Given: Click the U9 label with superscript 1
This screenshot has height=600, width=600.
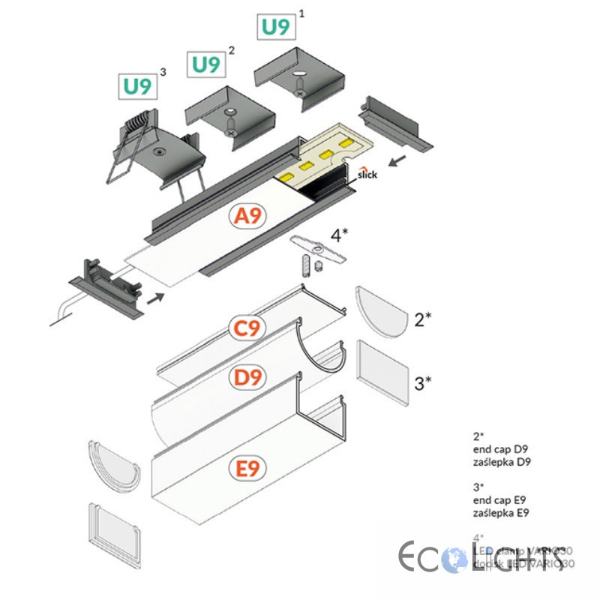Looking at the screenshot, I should click(x=275, y=28).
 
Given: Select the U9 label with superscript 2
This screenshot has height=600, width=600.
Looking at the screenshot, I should click(x=205, y=64).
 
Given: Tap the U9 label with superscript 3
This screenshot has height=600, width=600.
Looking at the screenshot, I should click(x=137, y=86).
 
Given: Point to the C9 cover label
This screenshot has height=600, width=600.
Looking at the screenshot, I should click(x=247, y=329).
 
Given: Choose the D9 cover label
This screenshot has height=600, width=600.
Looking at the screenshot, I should click(x=247, y=378).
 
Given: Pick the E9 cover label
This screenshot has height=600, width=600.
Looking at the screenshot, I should click(x=247, y=469).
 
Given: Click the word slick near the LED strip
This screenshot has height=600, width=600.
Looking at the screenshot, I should click(x=367, y=174).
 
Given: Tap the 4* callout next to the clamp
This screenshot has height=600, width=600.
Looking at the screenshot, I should click(x=340, y=236).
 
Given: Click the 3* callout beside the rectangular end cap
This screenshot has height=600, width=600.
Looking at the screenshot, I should click(x=423, y=384).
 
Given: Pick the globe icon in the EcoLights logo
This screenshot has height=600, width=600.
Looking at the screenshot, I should click(x=454, y=559).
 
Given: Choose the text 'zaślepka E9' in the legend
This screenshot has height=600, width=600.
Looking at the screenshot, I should click(x=502, y=513).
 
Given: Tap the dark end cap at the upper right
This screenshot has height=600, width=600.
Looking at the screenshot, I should click(x=394, y=124).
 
